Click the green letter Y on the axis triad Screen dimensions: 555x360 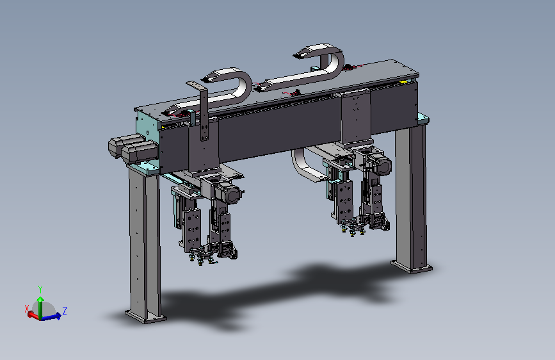(x=40, y=290)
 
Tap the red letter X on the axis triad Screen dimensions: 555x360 (x=26, y=309)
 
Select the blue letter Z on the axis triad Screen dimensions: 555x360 (x=65, y=311)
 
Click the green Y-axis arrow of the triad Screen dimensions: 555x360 (x=40, y=307)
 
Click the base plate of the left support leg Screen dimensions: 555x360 (x=146, y=316)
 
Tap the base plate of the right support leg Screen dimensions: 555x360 (x=412, y=267)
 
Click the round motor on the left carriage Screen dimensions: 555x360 (x=232, y=194)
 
